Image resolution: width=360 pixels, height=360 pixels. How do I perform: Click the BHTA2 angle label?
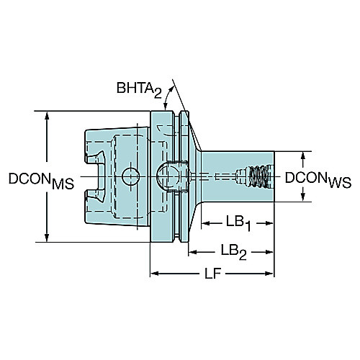[x=139, y=89]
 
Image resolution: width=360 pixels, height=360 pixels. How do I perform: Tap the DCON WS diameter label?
[x=318, y=180]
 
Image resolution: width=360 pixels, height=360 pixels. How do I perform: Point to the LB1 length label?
[x=238, y=223]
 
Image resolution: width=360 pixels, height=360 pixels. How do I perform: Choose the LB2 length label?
[x=233, y=252]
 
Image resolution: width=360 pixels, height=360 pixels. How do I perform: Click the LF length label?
[x=213, y=274]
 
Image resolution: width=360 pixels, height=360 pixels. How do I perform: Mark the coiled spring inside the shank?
[x=258, y=176]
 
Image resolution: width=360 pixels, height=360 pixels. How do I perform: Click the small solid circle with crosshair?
[x=130, y=176]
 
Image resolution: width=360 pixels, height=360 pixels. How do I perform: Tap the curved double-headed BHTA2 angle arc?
[x=168, y=97]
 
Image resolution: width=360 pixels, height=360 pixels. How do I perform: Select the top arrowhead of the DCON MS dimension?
[x=47, y=116]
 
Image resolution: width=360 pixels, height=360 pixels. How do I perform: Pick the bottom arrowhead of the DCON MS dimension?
[x=47, y=238]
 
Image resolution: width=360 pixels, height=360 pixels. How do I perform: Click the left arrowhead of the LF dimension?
[x=155, y=274]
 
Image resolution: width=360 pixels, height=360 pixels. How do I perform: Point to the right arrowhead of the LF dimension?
[x=269, y=274]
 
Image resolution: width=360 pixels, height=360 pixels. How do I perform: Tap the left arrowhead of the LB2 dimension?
[x=193, y=252]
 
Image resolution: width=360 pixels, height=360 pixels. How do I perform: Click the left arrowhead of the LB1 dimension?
[x=206, y=223]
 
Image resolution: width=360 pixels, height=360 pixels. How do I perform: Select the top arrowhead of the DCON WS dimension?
[x=303, y=156]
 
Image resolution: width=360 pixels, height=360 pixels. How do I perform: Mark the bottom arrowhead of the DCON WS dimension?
[x=303, y=197]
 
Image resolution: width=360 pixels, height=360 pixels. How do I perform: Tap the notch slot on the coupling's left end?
[x=96, y=176]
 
